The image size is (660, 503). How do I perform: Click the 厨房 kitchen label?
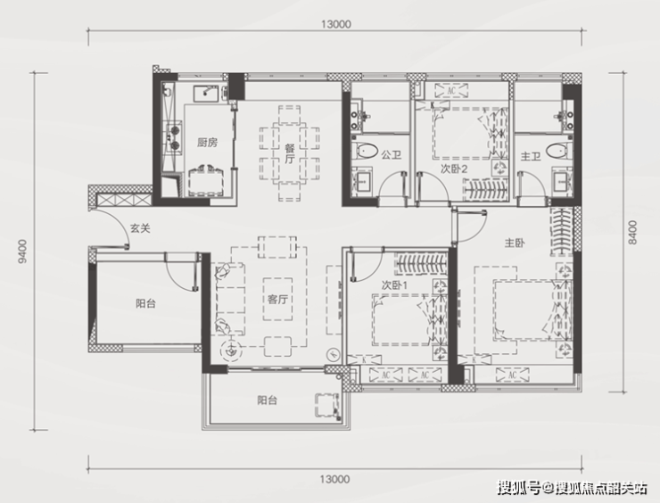coord(207,143)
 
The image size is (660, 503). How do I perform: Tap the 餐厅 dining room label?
coord(290,153)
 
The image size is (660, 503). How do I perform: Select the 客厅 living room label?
coord(277,300)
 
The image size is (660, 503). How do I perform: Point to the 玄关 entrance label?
coord(140,228)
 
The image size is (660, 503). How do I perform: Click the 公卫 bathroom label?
coord(391,155)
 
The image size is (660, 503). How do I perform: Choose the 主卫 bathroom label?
coord(531,157)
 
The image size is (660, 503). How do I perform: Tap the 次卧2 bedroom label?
coord(454,169)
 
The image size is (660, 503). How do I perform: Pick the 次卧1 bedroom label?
coord(394,285)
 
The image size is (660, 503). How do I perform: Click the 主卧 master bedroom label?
coord(515,243)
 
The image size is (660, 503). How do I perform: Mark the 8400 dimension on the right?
coord(632,232)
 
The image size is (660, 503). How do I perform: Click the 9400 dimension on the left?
coord(22,251)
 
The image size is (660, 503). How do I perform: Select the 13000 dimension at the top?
coord(335,24)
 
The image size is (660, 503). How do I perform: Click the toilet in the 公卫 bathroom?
coord(366,151)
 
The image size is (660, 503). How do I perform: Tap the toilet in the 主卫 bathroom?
coord(559,151)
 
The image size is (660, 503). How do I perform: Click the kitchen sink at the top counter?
coord(206,94)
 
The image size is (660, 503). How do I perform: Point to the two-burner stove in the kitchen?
coord(174,136)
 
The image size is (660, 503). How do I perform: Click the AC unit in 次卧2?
coord(451,90)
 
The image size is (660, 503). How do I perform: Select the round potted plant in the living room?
coord(230,350)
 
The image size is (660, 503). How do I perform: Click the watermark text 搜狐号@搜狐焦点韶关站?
coord(572,488)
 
